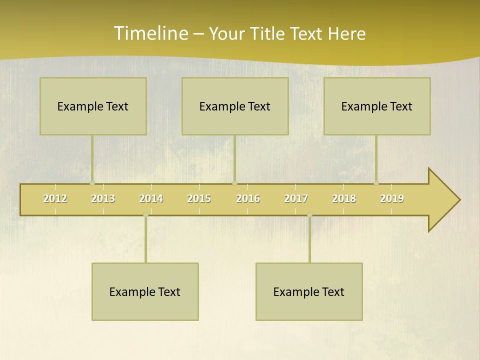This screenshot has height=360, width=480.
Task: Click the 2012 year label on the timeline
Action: (55, 198)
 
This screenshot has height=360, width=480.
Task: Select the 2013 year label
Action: (103, 198)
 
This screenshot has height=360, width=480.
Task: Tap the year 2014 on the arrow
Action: (151, 198)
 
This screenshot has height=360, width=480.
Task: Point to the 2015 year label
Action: (199, 198)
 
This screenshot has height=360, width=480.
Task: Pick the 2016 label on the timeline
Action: (248, 198)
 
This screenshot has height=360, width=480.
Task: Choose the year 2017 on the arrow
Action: (296, 198)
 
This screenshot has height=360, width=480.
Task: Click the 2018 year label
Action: (344, 198)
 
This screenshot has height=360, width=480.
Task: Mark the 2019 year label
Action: (392, 198)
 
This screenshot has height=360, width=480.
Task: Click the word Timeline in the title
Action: (150, 33)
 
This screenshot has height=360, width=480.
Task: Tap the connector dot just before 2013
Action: (92, 183)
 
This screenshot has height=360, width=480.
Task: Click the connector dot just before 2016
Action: (234, 183)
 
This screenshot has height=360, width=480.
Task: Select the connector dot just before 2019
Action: (376, 183)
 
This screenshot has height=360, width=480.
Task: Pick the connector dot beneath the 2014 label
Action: (145, 215)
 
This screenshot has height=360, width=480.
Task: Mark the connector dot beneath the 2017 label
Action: (309, 215)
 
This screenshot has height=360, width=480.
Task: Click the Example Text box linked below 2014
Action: (145, 291)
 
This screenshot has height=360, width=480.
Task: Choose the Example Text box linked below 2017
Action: (309, 291)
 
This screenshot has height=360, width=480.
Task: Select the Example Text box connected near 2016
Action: (235, 106)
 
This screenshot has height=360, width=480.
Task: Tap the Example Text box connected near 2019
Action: (377, 106)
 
